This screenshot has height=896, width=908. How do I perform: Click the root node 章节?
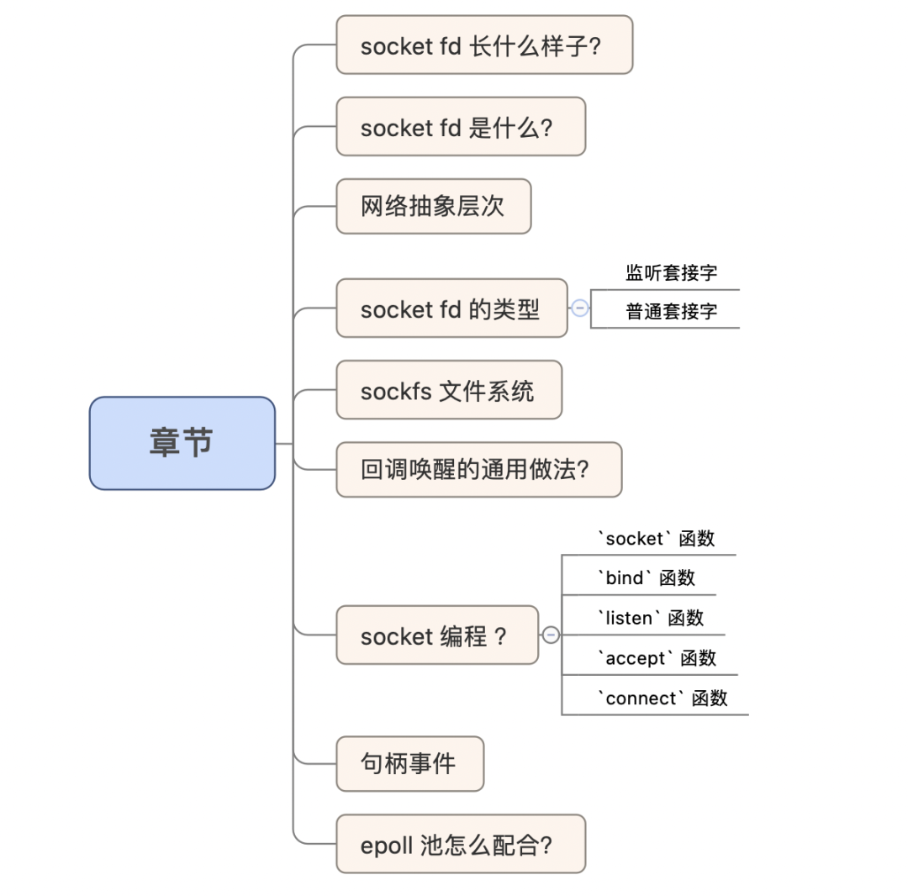tap(182, 443)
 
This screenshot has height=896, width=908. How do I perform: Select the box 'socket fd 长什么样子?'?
tap(484, 45)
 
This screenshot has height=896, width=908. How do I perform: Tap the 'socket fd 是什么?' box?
tap(461, 127)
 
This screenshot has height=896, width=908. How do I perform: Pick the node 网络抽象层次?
tap(434, 206)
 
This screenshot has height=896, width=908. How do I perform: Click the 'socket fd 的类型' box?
tap(451, 308)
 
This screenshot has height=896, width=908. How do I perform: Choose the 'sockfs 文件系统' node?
tap(449, 390)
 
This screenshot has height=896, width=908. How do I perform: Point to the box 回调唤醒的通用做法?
tap(479, 469)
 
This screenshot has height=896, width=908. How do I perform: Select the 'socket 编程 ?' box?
tap(437, 635)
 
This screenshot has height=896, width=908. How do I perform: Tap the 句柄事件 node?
tap(410, 763)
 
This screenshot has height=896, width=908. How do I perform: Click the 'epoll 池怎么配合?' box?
tap(461, 844)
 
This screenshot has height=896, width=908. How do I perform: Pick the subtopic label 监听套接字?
tap(671, 272)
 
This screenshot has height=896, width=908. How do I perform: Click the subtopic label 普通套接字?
tap(671, 312)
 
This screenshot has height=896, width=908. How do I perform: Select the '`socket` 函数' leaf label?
tap(656, 538)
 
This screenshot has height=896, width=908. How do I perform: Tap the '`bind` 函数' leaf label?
tap(646, 577)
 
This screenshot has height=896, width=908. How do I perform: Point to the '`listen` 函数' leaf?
tap(650, 618)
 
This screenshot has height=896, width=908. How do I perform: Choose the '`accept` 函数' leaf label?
tap(657, 658)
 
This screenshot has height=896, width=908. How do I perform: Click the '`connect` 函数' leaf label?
tap(662, 698)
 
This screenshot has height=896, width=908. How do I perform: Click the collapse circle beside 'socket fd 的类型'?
tap(579, 308)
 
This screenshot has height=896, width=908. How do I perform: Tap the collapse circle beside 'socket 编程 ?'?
tap(551, 635)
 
